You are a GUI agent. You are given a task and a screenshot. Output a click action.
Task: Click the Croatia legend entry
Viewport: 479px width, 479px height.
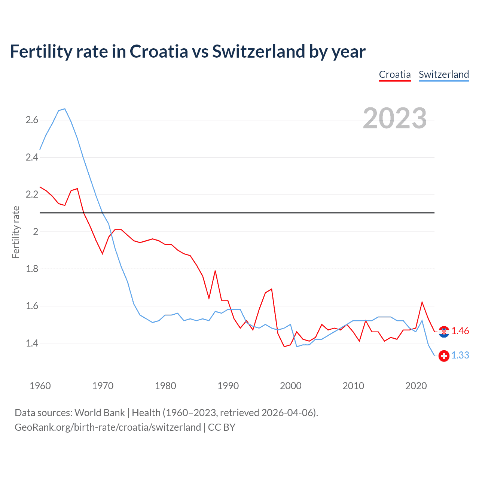[395, 74]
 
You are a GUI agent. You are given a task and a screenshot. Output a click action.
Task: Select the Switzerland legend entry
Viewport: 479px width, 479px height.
[443, 74]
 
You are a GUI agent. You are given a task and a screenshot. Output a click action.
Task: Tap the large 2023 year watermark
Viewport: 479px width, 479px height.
[394, 118]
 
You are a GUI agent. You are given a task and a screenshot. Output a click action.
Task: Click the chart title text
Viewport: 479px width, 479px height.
[187, 51]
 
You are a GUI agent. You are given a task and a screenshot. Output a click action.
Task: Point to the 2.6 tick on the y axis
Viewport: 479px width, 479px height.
[32, 120]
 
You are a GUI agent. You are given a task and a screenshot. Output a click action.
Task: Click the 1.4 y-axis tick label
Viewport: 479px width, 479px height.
[32, 343]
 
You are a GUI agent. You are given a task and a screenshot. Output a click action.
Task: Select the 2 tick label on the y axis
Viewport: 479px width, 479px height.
[36, 232]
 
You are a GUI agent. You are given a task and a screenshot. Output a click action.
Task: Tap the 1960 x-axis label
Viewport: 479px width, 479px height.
[40, 386]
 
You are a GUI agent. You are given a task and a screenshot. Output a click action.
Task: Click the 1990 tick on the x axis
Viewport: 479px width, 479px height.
[228, 386]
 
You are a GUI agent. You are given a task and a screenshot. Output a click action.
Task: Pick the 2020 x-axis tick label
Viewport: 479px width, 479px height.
[416, 386]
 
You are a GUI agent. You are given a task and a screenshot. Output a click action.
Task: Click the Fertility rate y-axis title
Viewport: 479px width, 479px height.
[16, 232]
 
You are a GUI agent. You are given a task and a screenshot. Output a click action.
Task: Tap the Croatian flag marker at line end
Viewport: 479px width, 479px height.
[444, 332]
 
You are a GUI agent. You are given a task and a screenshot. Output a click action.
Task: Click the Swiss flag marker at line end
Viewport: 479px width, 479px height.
[444, 356]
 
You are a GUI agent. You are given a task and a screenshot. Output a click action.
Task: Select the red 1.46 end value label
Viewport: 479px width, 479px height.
[460, 331]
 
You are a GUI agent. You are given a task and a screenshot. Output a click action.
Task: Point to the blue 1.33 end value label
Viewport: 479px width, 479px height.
[460, 356]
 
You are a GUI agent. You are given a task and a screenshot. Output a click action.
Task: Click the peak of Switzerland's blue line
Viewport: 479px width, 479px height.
[65, 109]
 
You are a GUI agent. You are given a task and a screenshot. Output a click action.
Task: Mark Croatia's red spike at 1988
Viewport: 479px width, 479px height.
[215, 271]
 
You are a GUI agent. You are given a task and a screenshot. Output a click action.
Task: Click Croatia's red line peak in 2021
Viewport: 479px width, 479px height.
[422, 302]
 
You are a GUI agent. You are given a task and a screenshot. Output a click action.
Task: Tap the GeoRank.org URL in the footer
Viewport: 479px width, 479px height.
[108, 427]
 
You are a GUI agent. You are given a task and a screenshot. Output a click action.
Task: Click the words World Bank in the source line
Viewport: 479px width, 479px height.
[100, 413]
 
